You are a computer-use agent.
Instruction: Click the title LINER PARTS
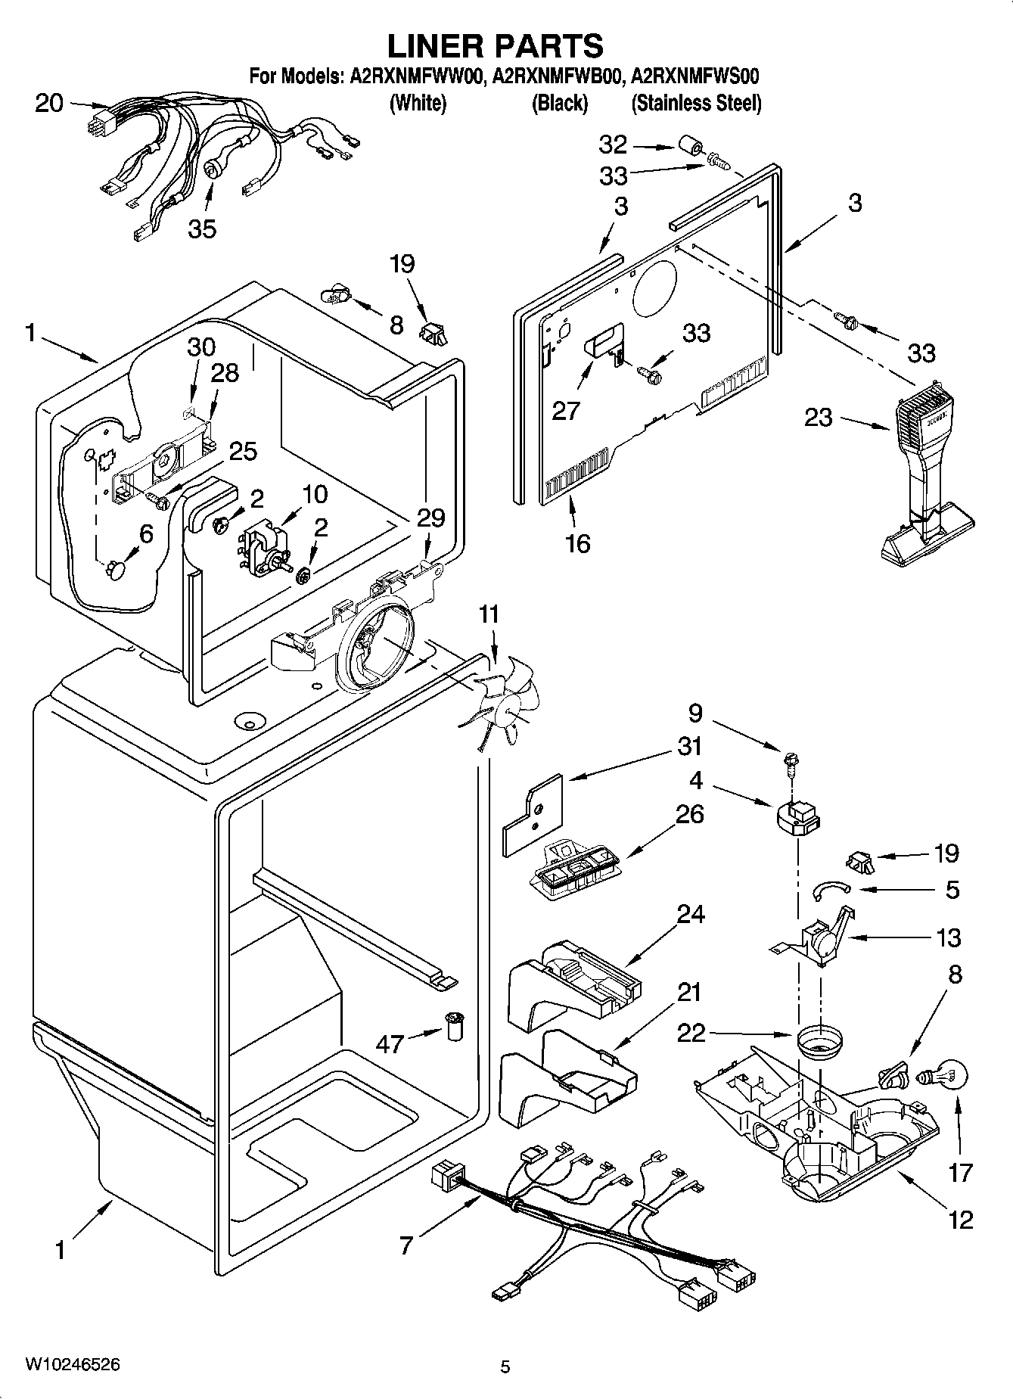point(496,47)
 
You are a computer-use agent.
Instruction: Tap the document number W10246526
point(72,1364)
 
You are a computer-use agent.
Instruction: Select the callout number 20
point(49,104)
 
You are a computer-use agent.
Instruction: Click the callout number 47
point(390,1044)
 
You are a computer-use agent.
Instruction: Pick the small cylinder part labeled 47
point(455,1026)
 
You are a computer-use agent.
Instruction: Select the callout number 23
point(819,417)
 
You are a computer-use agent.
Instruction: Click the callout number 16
point(577,543)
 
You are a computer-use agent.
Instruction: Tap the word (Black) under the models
point(560,103)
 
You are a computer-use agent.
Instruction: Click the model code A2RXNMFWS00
point(694,76)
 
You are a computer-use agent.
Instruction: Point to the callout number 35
point(202,228)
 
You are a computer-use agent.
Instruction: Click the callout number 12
point(961,1219)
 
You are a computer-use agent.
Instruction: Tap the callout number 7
point(406,1244)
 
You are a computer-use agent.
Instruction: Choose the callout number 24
point(690,915)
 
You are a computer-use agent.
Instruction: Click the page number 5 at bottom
point(505,1366)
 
